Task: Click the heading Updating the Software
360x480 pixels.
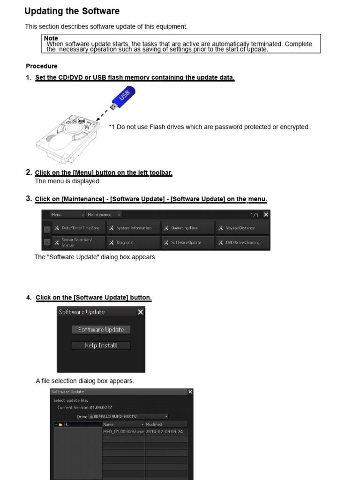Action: [72, 11]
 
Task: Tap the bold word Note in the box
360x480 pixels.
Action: [51, 38]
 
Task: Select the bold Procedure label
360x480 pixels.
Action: [42, 66]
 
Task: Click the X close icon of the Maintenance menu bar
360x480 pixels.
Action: [266, 214]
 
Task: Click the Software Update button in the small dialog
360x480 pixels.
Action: [101, 330]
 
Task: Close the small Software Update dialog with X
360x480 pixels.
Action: [140, 312]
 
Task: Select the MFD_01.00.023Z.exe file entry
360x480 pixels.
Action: [123, 431]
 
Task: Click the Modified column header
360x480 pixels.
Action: [165, 424]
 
